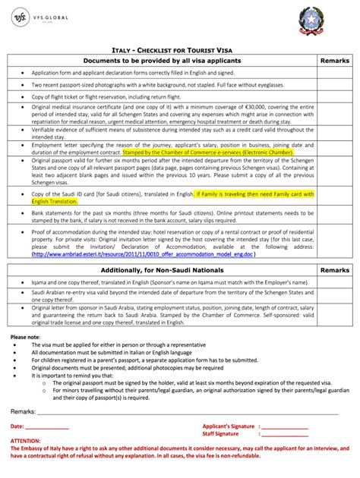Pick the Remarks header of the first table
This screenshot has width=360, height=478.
334,60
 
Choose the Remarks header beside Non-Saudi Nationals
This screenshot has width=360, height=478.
334,270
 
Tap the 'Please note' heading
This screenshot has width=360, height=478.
25,336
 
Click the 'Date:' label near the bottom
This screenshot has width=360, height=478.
17,427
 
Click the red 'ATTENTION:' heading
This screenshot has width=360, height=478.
26,442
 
